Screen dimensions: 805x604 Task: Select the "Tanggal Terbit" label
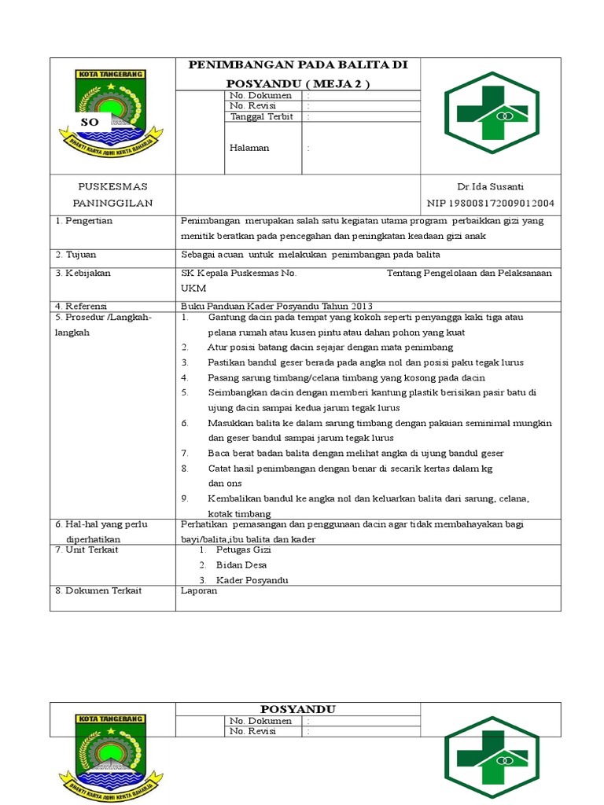point(261,116)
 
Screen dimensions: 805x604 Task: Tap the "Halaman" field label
point(249,147)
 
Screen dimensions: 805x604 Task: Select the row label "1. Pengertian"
point(83,221)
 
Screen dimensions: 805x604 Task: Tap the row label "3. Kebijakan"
point(83,273)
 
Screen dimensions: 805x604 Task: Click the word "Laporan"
point(198,591)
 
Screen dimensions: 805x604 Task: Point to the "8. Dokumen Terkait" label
point(98,591)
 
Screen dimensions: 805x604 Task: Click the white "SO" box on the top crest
point(90,123)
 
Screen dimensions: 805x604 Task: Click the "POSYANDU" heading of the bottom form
point(298,709)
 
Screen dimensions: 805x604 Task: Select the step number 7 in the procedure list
point(185,454)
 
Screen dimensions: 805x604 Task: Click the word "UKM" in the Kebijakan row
point(193,289)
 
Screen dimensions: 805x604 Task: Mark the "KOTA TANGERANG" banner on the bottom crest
point(110,719)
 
